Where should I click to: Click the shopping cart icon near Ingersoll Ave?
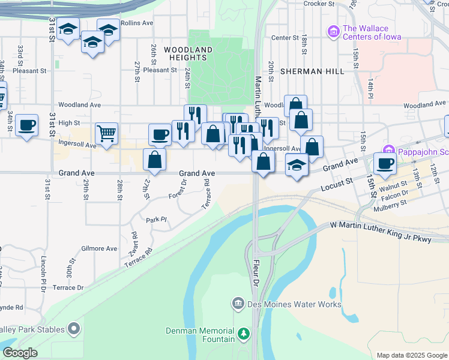click(x=106, y=133)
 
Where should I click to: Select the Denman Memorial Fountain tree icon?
click(x=243, y=333)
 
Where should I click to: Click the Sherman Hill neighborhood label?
click(x=312, y=71)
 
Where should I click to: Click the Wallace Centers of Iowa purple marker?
click(x=333, y=31)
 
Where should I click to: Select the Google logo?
click(x=20, y=353)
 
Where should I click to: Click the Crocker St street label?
click(x=318, y=4)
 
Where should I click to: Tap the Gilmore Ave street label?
click(x=99, y=248)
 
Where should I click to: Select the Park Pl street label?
click(x=155, y=220)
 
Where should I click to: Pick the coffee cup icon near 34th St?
click(x=26, y=125)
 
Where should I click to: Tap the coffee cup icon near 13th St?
click(x=385, y=163)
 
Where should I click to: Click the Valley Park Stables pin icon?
click(x=74, y=328)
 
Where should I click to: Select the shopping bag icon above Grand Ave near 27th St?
click(x=154, y=160)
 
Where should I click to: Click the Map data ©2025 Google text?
click(x=412, y=355)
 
